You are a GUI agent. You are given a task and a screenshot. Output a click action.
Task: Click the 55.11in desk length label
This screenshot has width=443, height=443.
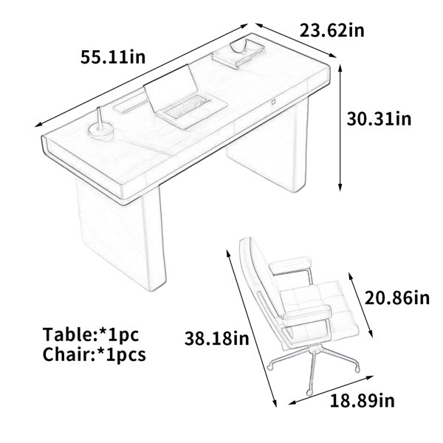point(113,57)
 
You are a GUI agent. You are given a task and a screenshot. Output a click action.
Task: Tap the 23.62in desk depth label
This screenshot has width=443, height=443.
point(332,30)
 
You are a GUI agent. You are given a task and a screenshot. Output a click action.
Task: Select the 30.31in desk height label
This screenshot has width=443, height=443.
point(380,119)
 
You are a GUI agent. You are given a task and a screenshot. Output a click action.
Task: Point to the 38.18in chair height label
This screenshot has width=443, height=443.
point(216,338)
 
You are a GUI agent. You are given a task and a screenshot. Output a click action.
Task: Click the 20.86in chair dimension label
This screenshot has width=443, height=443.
point(397,298)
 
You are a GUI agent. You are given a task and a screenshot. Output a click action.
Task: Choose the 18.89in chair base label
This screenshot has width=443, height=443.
point(363,400)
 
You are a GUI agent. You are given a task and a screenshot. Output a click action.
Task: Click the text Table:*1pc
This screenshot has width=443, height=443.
point(91,334)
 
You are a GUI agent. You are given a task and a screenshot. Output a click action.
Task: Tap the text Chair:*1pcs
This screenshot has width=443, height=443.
point(95,354)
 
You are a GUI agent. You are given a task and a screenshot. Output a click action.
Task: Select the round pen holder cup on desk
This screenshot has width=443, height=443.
point(100,131)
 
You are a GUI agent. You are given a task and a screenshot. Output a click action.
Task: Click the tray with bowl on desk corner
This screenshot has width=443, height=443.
point(238,53)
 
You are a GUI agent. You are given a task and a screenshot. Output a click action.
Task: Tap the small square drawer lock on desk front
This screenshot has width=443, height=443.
point(274,102)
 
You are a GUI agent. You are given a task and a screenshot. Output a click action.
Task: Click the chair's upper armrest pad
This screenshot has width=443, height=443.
point(290,265)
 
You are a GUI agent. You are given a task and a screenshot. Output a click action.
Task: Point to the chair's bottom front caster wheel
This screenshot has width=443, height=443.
point(309,392)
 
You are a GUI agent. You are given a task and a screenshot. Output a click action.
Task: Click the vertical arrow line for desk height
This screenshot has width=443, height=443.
point(340,128)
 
